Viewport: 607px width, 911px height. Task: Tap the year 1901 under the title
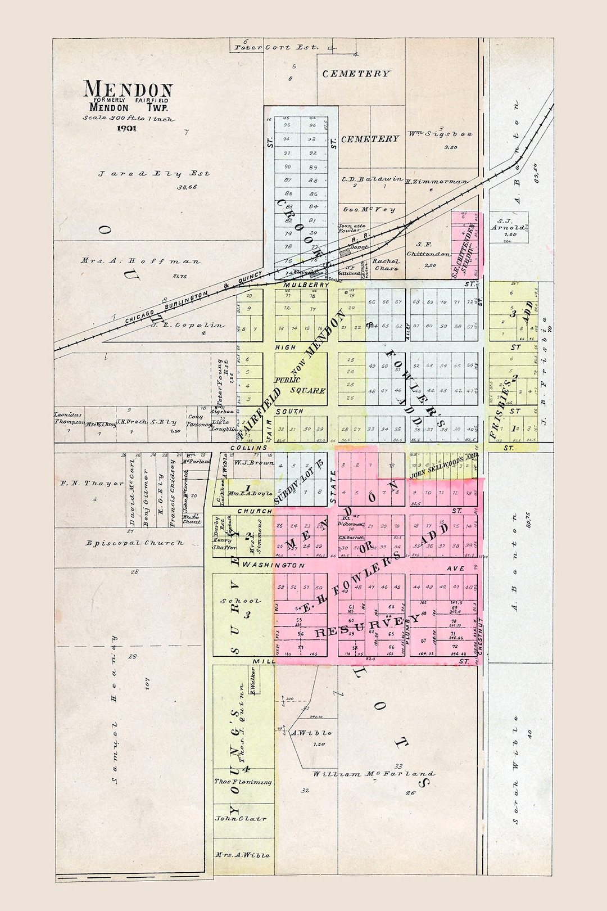pyautogui.click(x=126, y=128)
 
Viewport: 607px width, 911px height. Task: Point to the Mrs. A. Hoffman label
pyautogui.click(x=140, y=261)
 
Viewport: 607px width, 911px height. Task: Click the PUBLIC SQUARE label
pyautogui.click(x=300, y=385)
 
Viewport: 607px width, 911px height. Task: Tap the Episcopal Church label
pyautogui.click(x=134, y=543)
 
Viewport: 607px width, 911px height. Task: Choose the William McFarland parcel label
pyautogui.click(x=373, y=774)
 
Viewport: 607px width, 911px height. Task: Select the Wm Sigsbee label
pyautogui.click(x=440, y=134)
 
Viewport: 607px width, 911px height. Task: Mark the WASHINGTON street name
pyautogui.click(x=274, y=565)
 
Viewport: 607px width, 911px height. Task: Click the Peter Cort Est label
pyautogui.click(x=277, y=48)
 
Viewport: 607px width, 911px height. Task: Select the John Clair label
pyautogui.click(x=241, y=819)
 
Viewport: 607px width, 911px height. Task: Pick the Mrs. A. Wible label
pyautogui.click(x=242, y=855)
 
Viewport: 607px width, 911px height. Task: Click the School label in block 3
pyautogui.click(x=240, y=601)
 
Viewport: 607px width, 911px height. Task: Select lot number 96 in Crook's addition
pyautogui.click(x=312, y=125)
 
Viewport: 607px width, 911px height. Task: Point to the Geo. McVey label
pyautogui.click(x=369, y=210)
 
